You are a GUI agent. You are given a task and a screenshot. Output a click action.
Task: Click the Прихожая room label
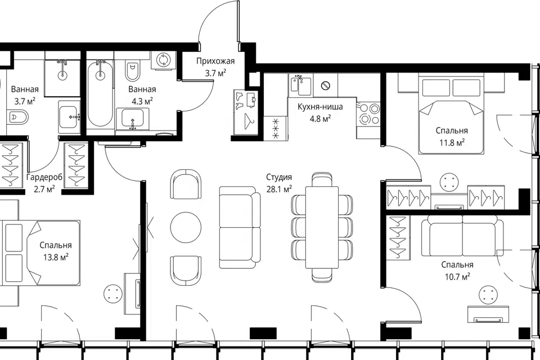(x=215, y=61)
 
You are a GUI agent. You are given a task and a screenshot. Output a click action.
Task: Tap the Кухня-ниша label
(x=320, y=107)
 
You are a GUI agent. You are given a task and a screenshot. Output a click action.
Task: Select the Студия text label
(x=279, y=177)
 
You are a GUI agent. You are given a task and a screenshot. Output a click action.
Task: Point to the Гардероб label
(x=44, y=177)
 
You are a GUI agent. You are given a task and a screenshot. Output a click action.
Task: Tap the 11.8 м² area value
(x=452, y=142)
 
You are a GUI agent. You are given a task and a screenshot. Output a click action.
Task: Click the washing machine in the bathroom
(x=163, y=60)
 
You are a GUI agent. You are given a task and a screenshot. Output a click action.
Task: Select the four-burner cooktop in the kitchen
(x=368, y=114)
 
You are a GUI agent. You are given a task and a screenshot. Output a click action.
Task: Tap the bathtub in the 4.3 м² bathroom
(x=100, y=93)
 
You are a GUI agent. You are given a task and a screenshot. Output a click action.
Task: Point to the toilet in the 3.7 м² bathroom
(x=16, y=117)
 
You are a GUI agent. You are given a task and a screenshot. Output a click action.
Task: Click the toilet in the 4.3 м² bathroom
(x=132, y=71)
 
